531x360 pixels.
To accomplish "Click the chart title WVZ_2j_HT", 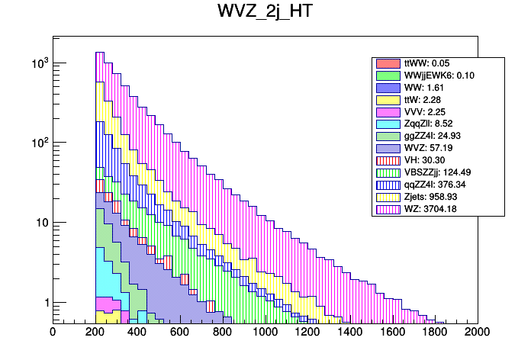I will click(x=265, y=13).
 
